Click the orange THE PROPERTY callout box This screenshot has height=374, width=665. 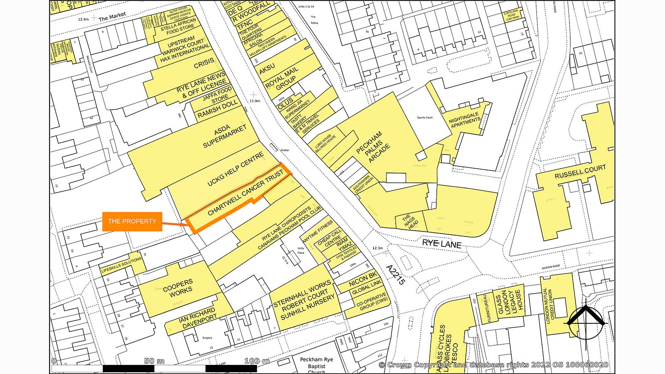pyautogui.click(x=132, y=221)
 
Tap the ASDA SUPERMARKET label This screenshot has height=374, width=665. pyautogui.click(x=224, y=137)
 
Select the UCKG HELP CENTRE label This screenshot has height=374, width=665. pyautogui.click(x=236, y=169)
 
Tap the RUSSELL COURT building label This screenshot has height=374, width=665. pyautogui.click(x=580, y=172)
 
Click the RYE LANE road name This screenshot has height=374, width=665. pyautogui.click(x=441, y=244)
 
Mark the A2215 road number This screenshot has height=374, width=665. pyautogui.click(x=395, y=275)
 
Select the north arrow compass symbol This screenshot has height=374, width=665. pyautogui.click(x=585, y=322)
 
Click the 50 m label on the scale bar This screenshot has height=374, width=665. pyautogui.click(x=154, y=361)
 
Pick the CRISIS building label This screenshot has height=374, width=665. pyautogui.click(x=204, y=63)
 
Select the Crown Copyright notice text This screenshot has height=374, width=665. pyautogui.click(x=493, y=365)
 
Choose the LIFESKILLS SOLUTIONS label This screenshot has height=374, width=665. pyautogui.click(x=121, y=265)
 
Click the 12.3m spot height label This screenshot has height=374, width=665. pyautogui.click(x=377, y=248)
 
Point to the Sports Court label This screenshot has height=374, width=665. pyautogui.click(x=425, y=118)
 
